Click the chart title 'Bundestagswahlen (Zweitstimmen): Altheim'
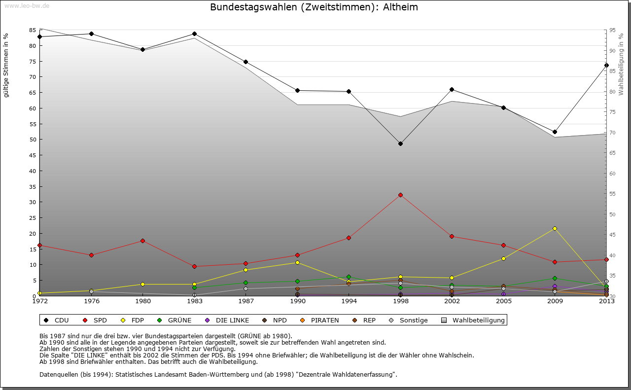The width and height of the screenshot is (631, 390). (x=314, y=7)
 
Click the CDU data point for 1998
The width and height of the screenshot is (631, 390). (x=400, y=143)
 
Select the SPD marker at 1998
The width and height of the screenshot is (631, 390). (x=400, y=195)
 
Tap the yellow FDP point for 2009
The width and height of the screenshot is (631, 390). (x=555, y=228)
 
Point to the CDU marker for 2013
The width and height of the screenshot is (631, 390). (x=606, y=65)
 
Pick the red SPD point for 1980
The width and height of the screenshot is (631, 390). (x=143, y=241)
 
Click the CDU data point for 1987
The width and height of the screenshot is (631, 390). (x=245, y=62)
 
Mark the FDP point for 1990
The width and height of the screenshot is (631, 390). (x=297, y=262)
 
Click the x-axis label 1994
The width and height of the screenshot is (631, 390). (x=349, y=301)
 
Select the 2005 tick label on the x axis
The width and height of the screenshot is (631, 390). (x=503, y=301)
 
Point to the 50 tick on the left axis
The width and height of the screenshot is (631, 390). (x=33, y=140)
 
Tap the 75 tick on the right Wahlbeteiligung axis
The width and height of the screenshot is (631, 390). (x=612, y=112)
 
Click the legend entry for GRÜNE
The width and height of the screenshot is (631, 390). (x=179, y=320)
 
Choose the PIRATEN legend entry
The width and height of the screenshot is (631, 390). (x=324, y=320)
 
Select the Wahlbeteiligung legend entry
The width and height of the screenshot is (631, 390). (x=478, y=320)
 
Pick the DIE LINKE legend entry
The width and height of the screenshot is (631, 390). (x=232, y=320)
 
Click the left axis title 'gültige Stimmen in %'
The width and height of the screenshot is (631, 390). (x=6, y=66)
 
